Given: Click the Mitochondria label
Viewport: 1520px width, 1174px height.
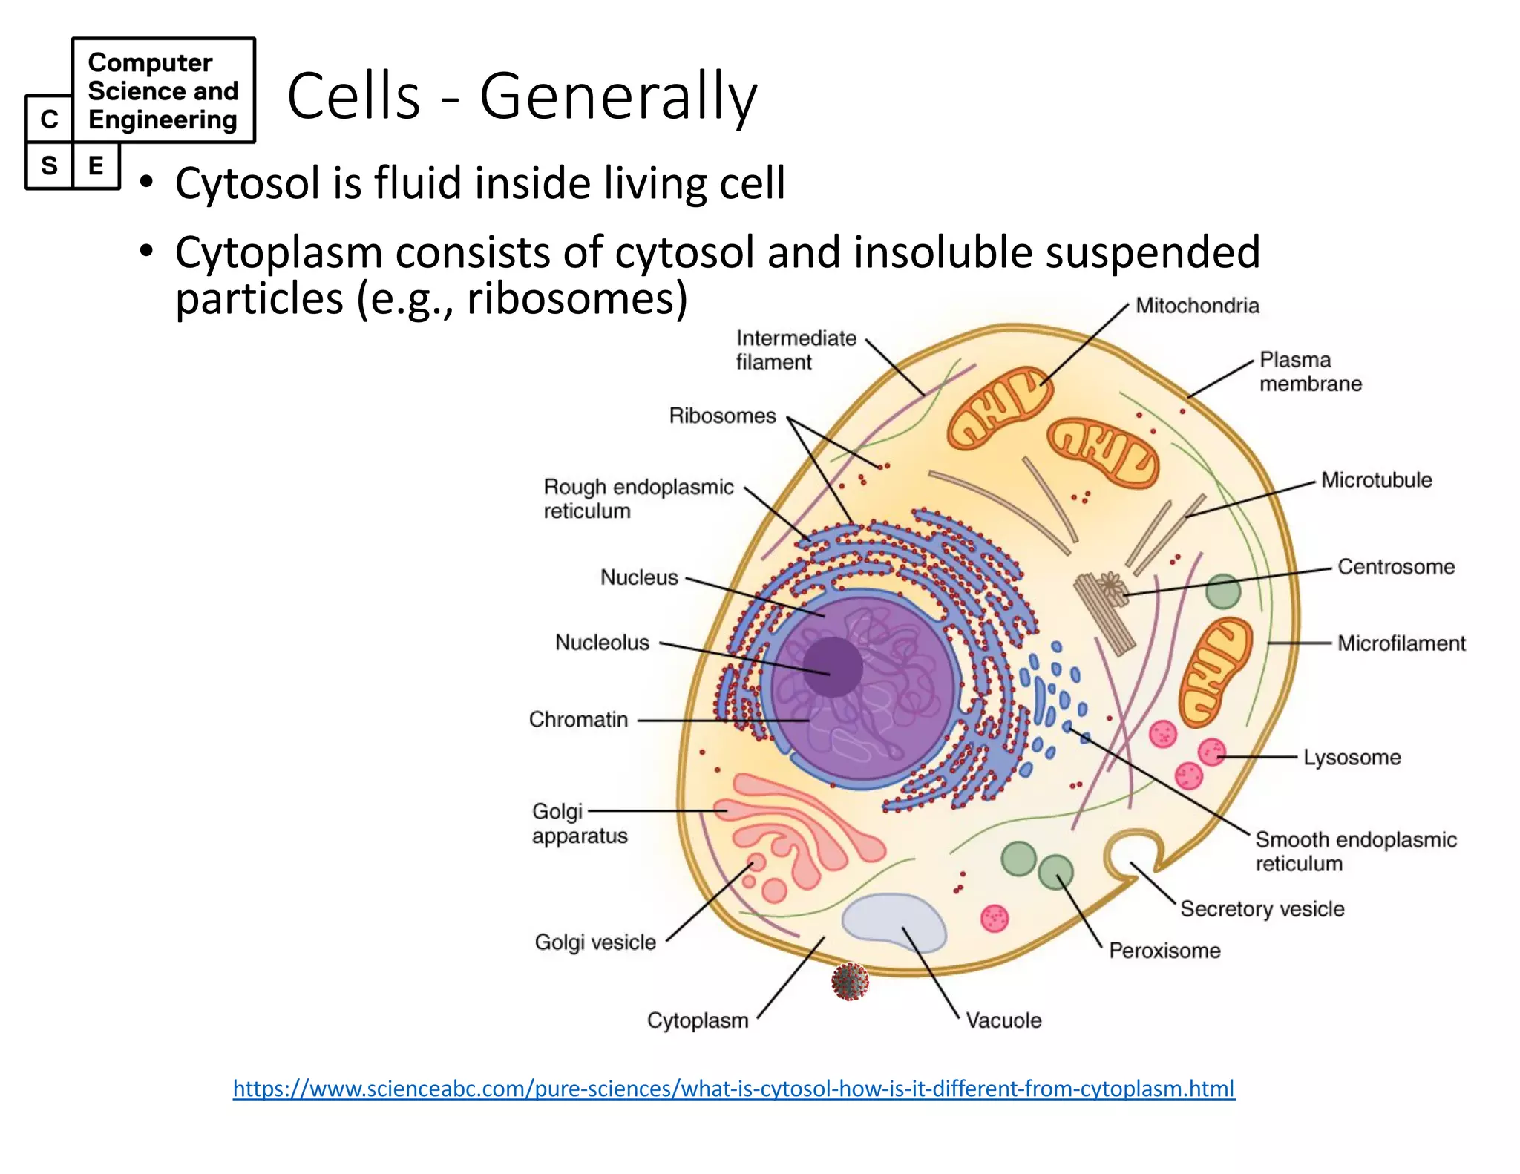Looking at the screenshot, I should (x=1196, y=306).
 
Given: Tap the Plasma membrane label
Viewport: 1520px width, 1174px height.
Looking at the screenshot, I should (x=1310, y=372).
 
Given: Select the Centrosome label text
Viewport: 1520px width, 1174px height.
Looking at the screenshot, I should (x=1395, y=567).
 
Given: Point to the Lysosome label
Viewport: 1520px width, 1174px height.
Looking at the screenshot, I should (x=1352, y=758).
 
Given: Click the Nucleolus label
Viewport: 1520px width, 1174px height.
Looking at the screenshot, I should (x=602, y=643).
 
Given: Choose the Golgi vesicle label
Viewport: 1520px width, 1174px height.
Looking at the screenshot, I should (x=595, y=942).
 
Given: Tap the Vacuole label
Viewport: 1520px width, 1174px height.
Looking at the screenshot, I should (x=1003, y=1020).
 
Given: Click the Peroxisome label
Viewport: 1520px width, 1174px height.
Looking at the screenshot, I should (x=1164, y=951).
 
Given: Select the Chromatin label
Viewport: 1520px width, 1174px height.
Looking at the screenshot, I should (x=578, y=720).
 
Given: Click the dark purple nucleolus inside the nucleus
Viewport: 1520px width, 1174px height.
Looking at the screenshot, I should (x=832, y=667).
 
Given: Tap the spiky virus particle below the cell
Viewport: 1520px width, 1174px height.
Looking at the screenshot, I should (x=850, y=982).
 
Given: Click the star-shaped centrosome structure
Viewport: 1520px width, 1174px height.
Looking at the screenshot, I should (x=1110, y=586).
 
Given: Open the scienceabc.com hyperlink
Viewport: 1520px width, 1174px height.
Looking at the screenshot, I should (x=733, y=1089).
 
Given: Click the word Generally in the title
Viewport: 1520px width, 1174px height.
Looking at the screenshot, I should (x=618, y=96).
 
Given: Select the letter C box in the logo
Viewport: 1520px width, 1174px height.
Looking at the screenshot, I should (x=49, y=119).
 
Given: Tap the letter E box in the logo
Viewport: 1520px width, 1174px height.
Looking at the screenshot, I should (x=96, y=165).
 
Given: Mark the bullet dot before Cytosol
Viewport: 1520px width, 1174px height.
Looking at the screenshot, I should (x=147, y=182).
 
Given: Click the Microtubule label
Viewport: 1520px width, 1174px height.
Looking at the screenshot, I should (x=1376, y=480).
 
